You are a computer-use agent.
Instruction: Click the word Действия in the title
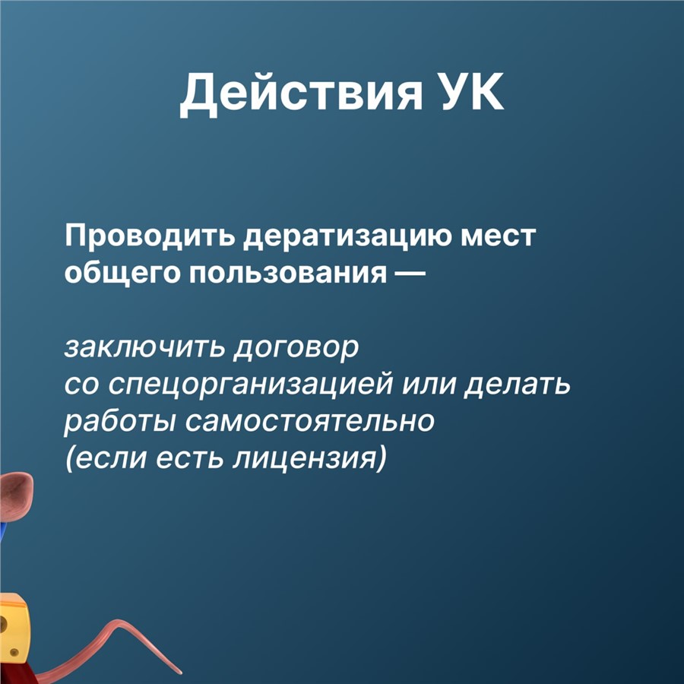pos(302,93)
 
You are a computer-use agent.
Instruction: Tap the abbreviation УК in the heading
pos(473,90)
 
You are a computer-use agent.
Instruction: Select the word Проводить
pos(150,237)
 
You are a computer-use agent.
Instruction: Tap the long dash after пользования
pos(409,274)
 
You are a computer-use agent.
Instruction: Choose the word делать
pos(517,385)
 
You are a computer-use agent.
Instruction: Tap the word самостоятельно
pos(310,421)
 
